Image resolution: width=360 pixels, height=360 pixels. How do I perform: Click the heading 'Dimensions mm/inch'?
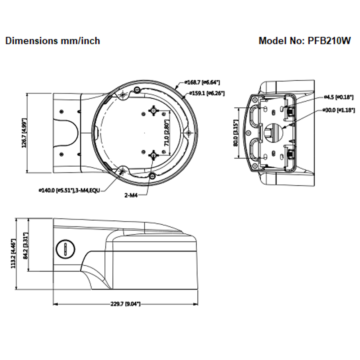coord(53,41)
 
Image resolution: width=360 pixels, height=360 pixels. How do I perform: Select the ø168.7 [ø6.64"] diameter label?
coord(202,82)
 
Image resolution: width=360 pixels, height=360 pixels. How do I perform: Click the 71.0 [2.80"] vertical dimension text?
coord(167,133)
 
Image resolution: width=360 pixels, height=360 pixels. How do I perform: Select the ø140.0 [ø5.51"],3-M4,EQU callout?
coord(69,190)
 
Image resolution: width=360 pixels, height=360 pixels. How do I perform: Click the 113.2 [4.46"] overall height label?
coord(14,253)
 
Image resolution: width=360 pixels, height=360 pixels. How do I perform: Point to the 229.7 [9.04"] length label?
coord(125,304)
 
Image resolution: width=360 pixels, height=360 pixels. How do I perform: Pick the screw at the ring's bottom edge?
coord(152,176)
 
